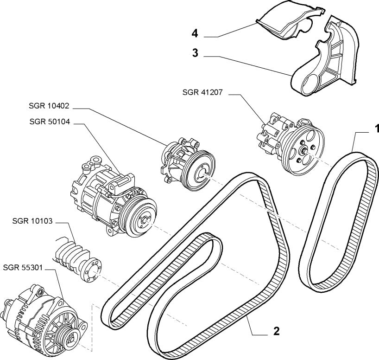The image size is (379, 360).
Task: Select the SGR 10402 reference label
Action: tap(49, 106)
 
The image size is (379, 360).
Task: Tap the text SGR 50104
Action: tap(49, 122)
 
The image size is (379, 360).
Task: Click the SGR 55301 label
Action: tap(23, 268)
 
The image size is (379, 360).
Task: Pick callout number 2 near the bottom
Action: tap(276, 331)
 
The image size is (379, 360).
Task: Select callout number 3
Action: tap(196, 54)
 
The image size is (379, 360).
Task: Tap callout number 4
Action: tap(196, 33)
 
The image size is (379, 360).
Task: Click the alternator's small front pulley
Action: tap(68, 333)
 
